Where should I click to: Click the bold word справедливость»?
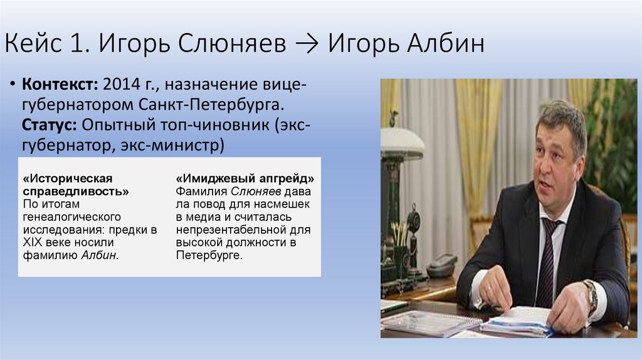pyautogui.click(x=76, y=191)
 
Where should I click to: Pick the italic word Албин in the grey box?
pyautogui.click(x=100, y=255)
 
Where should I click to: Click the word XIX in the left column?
pyautogui.click(x=32, y=242)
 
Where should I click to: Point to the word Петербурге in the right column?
pyautogui.click(x=209, y=255)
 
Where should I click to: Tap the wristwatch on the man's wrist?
pyautogui.click(x=589, y=296)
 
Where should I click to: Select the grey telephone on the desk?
pyautogui.click(x=442, y=265)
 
